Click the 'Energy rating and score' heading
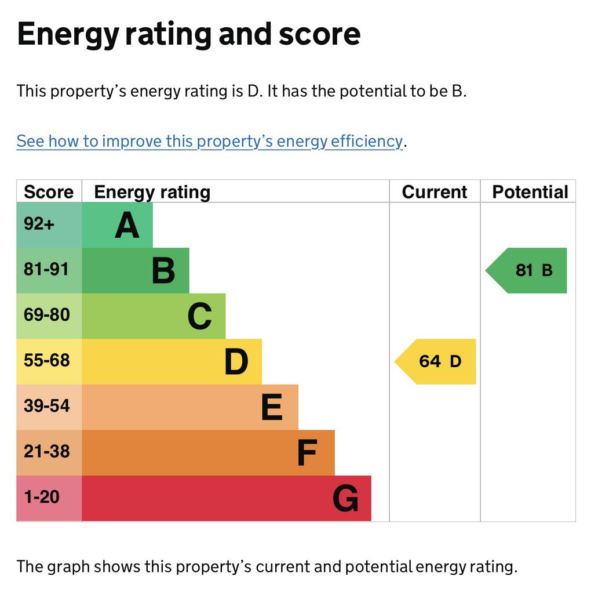tap(189, 34)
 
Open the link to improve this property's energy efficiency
tap(209, 141)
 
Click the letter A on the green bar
tap(127, 226)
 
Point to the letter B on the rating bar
tap(163, 271)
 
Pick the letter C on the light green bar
tap(200, 317)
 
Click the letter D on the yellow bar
tap(236, 362)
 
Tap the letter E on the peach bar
tap(272, 407)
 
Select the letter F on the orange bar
tap(307, 453)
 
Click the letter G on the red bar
tap(345, 498)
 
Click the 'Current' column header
tap(435, 192)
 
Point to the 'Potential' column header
tap(530, 192)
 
